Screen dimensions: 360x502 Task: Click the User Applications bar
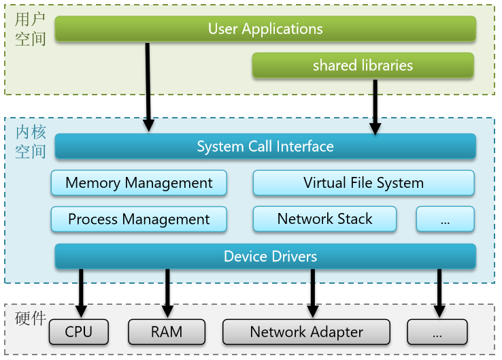(265, 29)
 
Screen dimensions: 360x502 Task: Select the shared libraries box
(363, 65)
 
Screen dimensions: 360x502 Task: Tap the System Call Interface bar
(265, 146)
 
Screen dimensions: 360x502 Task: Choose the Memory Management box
(139, 183)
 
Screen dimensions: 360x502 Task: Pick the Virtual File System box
(363, 183)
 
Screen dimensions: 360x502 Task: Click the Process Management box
(139, 219)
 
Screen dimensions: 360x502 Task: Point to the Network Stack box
(324, 219)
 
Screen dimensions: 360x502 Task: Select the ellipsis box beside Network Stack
(445, 219)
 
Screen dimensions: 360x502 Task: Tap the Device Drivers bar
(265, 257)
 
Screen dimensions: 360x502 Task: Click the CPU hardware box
(79, 332)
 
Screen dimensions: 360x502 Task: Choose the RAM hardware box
(166, 332)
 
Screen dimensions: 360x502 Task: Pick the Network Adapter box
(306, 332)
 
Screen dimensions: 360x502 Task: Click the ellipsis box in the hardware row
(437, 332)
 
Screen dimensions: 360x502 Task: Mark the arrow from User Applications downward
(148, 85)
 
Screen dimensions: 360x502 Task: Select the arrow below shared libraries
(374, 105)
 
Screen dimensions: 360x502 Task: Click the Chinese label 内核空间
(31, 142)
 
